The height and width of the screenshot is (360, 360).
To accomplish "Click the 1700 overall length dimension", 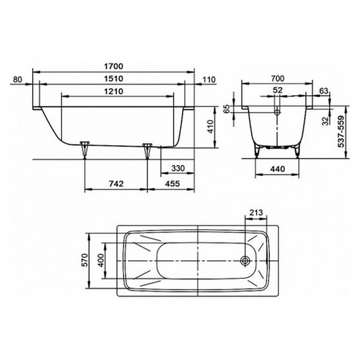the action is (114, 66).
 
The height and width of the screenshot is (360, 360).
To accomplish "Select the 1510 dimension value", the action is (114, 79).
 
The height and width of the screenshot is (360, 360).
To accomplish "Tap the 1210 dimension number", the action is (114, 91).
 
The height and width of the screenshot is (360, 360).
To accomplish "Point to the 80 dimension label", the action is (18, 80).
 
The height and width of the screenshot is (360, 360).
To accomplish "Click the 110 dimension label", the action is (209, 80).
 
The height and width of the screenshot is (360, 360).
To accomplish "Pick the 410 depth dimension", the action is (210, 127).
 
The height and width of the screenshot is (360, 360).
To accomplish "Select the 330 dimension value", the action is (178, 168).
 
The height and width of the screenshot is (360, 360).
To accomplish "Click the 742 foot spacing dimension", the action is (116, 184).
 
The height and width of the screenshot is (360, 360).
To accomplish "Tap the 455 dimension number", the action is (172, 184).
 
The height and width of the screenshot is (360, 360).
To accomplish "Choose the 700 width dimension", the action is (278, 79).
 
